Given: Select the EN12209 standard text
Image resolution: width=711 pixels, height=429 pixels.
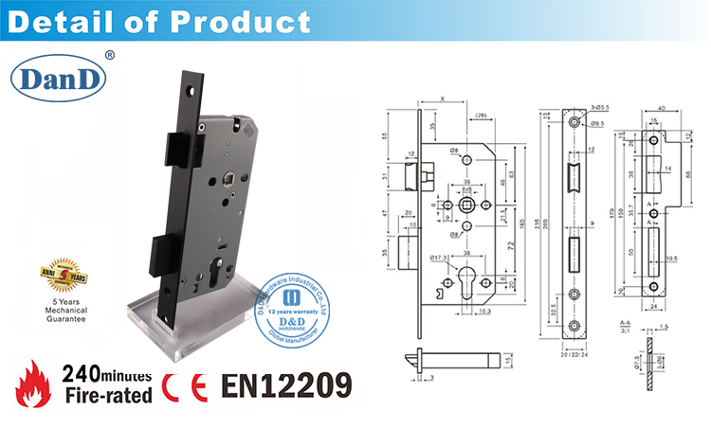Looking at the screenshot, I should [285, 385].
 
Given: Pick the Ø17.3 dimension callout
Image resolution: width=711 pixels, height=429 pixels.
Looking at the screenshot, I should [438, 256].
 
